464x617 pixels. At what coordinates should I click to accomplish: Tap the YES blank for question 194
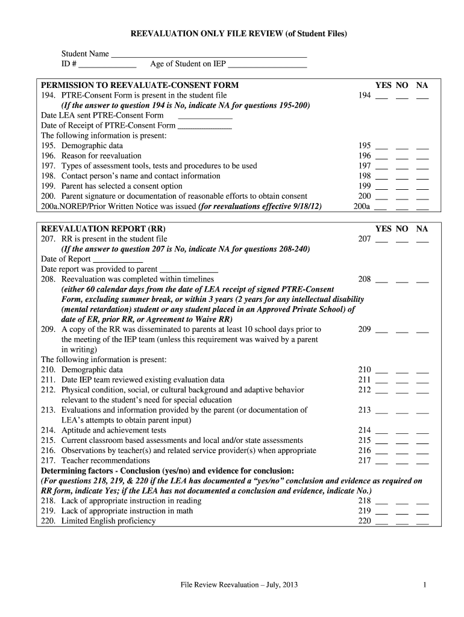pos(381,96)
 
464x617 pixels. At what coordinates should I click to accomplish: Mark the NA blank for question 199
pos(422,187)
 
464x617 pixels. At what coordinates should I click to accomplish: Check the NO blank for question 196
pos(402,157)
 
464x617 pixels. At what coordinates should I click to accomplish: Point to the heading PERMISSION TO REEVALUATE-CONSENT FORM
pos(139,86)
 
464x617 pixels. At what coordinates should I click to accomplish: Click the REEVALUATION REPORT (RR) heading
pos(102,229)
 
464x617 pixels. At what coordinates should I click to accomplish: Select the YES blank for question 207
pos(381,240)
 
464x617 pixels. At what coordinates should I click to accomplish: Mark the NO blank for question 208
pos(402,280)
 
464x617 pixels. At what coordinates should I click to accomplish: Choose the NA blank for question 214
pos(422,431)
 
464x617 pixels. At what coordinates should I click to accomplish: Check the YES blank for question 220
pos(381,522)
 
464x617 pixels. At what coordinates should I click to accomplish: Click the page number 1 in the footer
pos(425,585)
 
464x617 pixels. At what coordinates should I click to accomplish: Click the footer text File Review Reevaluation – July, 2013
pos(241,585)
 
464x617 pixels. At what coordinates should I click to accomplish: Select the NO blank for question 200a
pos(402,207)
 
